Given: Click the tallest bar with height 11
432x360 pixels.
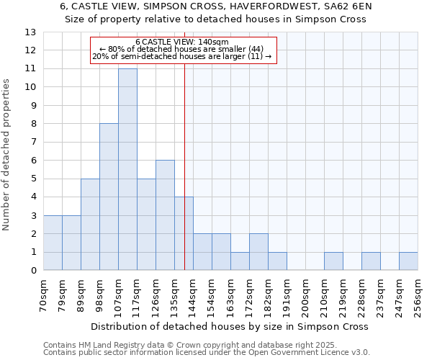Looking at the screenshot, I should [127, 169].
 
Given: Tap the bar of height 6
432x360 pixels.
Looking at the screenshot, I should [165, 215].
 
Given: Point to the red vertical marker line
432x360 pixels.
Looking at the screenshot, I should [185, 180].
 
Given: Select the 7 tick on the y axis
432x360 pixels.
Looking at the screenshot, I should [33, 142].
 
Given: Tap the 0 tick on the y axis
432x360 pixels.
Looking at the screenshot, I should [33, 271].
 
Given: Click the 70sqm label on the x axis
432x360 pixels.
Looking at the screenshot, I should [44, 296].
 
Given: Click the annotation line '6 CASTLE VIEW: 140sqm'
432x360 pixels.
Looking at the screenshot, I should [182, 42].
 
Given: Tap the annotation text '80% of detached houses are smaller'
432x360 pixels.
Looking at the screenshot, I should [182, 49].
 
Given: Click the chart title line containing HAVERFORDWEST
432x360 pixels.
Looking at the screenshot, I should [216, 6].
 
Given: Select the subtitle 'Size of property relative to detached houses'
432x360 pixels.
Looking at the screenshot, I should [216, 19].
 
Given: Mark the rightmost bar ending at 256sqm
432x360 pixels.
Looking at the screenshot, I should [408, 261].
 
